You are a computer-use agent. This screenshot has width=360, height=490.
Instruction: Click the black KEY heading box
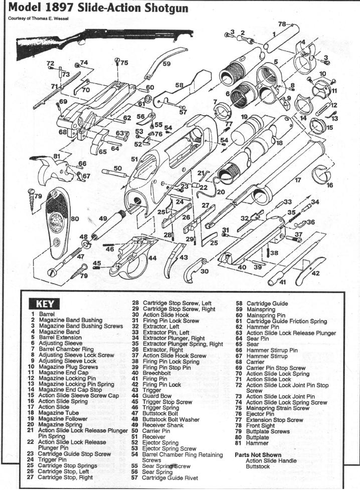47,304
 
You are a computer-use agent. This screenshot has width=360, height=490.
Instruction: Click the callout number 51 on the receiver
134,159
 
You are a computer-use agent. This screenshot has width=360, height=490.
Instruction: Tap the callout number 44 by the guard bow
151,259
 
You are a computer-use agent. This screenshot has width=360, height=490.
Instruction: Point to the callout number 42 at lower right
316,274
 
